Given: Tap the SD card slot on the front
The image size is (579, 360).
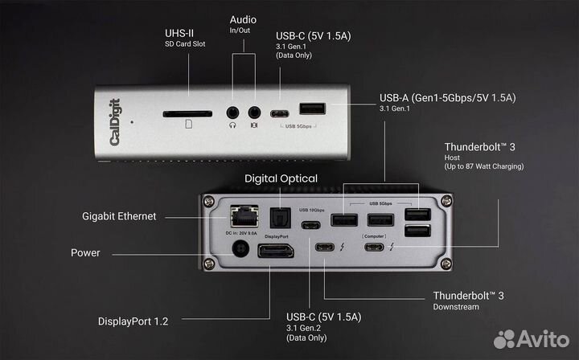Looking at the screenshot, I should click(x=187, y=114).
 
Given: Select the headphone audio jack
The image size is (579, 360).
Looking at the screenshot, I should click(x=233, y=113).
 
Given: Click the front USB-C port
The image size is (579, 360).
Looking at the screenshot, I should click(x=281, y=113).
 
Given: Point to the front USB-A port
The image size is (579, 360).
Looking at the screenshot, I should click(x=313, y=108).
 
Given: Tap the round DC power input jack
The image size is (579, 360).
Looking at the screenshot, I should click(x=238, y=251).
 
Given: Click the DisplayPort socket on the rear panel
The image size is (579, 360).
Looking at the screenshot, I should click(x=275, y=252).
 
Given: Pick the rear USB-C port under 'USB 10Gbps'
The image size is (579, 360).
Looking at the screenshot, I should click(x=311, y=223).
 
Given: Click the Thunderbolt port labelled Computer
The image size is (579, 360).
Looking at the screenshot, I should click(x=376, y=247).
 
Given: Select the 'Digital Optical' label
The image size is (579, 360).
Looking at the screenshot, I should click(x=281, y=178).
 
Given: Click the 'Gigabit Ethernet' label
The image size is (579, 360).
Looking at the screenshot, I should click(x=118, y=216).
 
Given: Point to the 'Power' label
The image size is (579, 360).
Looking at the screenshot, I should click(x=85, y=252).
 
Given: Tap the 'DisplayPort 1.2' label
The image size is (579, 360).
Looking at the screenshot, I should click(x=133, y=321).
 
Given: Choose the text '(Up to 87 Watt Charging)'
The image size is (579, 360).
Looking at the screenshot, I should click(x=484, y=166).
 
